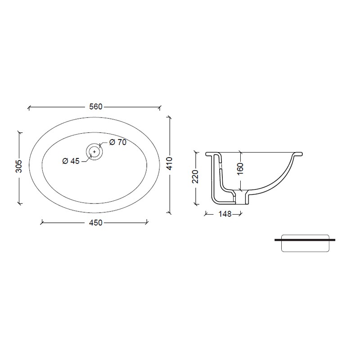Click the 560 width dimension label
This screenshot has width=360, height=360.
(96, 107)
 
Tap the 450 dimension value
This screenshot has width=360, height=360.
(96, 223)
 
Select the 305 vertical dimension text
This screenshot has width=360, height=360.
(19, 166)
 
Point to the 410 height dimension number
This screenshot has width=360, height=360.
(170, 163)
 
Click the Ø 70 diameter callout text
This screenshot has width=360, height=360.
(118, 142)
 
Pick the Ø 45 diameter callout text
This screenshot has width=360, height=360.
(71, 161)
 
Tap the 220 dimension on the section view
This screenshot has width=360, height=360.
(196, 176)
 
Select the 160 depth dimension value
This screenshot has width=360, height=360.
(240, 169)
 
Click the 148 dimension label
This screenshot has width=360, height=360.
(225, 214)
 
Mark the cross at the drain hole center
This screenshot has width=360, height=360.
(94, 151)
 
